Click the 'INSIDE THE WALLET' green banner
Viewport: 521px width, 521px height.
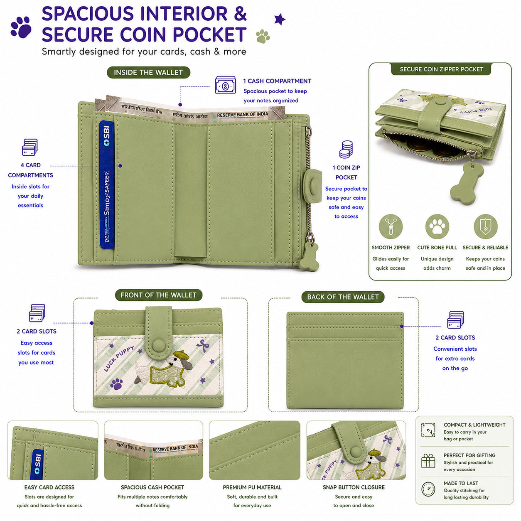[x=148, y=72]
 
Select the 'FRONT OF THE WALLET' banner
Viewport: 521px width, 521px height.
[x=158, y=295]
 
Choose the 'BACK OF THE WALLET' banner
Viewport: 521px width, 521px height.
[x=343, y=297]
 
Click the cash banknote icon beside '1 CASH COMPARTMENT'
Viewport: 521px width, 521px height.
[x=225, y=85]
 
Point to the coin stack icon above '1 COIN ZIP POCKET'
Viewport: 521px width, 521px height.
[x=346, y=149]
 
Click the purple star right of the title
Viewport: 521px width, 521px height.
[x=280, y=20]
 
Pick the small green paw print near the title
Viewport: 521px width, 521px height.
[x=263, y=36]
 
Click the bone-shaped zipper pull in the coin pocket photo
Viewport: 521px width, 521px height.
[x=467, y=184]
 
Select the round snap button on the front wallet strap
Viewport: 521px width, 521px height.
[x=158, y=345]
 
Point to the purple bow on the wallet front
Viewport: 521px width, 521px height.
[x=203, y=345]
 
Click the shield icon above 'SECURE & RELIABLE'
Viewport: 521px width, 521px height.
[x=485, y=226]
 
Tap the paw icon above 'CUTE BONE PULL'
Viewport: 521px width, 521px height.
[x=437, y=226]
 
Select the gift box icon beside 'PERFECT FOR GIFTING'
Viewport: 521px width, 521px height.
[x=428, y=461]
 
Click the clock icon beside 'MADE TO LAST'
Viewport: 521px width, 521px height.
[x=428, y=489]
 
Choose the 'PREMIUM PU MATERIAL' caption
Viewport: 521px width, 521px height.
[x=252, y=487]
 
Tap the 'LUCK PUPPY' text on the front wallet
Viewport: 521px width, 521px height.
[x=119, y=359]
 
